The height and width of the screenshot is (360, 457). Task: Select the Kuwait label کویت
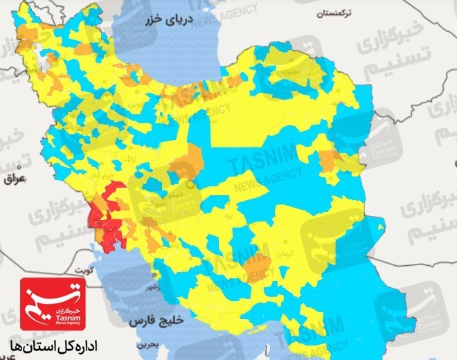(x=84, y=269)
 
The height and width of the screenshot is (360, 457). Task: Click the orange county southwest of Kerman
(x=258, y=266)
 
